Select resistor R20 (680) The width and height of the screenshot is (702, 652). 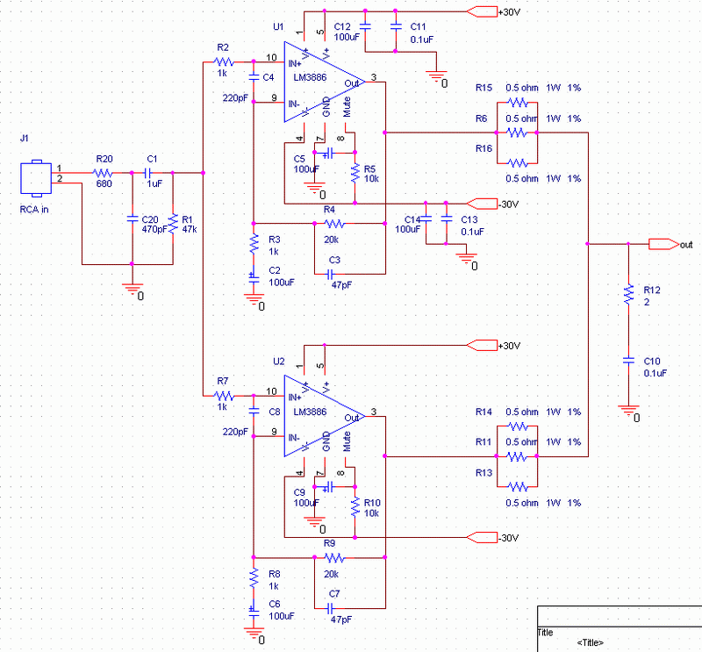[104, 173]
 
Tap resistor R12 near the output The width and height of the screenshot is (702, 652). [628, 295]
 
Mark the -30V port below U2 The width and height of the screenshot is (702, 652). [482, 537]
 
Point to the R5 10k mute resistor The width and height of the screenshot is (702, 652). [355, 172]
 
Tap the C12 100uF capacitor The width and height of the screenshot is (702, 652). [366, 24]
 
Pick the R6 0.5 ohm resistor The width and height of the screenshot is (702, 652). [517, 133]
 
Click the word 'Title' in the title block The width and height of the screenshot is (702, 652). [546, 632]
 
